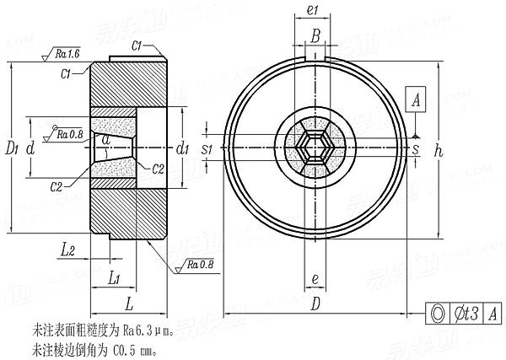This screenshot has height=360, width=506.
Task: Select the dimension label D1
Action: point(10,149)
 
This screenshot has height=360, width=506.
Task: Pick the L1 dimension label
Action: point(117,277)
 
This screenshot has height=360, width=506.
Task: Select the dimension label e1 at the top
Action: point(311,9)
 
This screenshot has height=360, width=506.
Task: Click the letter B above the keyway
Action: point(314,35)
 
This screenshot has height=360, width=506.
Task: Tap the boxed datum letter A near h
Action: point(416,100)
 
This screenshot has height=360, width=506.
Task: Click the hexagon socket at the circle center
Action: point(314,149)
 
